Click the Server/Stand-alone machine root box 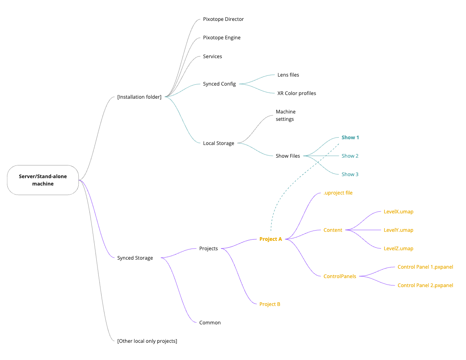click(43, 180)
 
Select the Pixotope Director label click(223, 19)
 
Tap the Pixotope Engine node click(222, 38)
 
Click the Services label click(212, 57)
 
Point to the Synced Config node click(219, 84)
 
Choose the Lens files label click(288, 75)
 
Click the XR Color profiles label click(296, 93)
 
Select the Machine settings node click(285, 115)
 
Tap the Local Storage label click(218, 143)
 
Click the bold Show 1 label click(350, 138)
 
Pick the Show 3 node click(350, 174)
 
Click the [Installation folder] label click(139, 97)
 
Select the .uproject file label click(338, 193)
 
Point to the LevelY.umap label click(398, 230)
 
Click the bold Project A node click(271, 239)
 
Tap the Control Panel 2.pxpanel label click(425, 285)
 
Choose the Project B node click(270, 304)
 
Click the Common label click(210, 323)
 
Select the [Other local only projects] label click(147, 341)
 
